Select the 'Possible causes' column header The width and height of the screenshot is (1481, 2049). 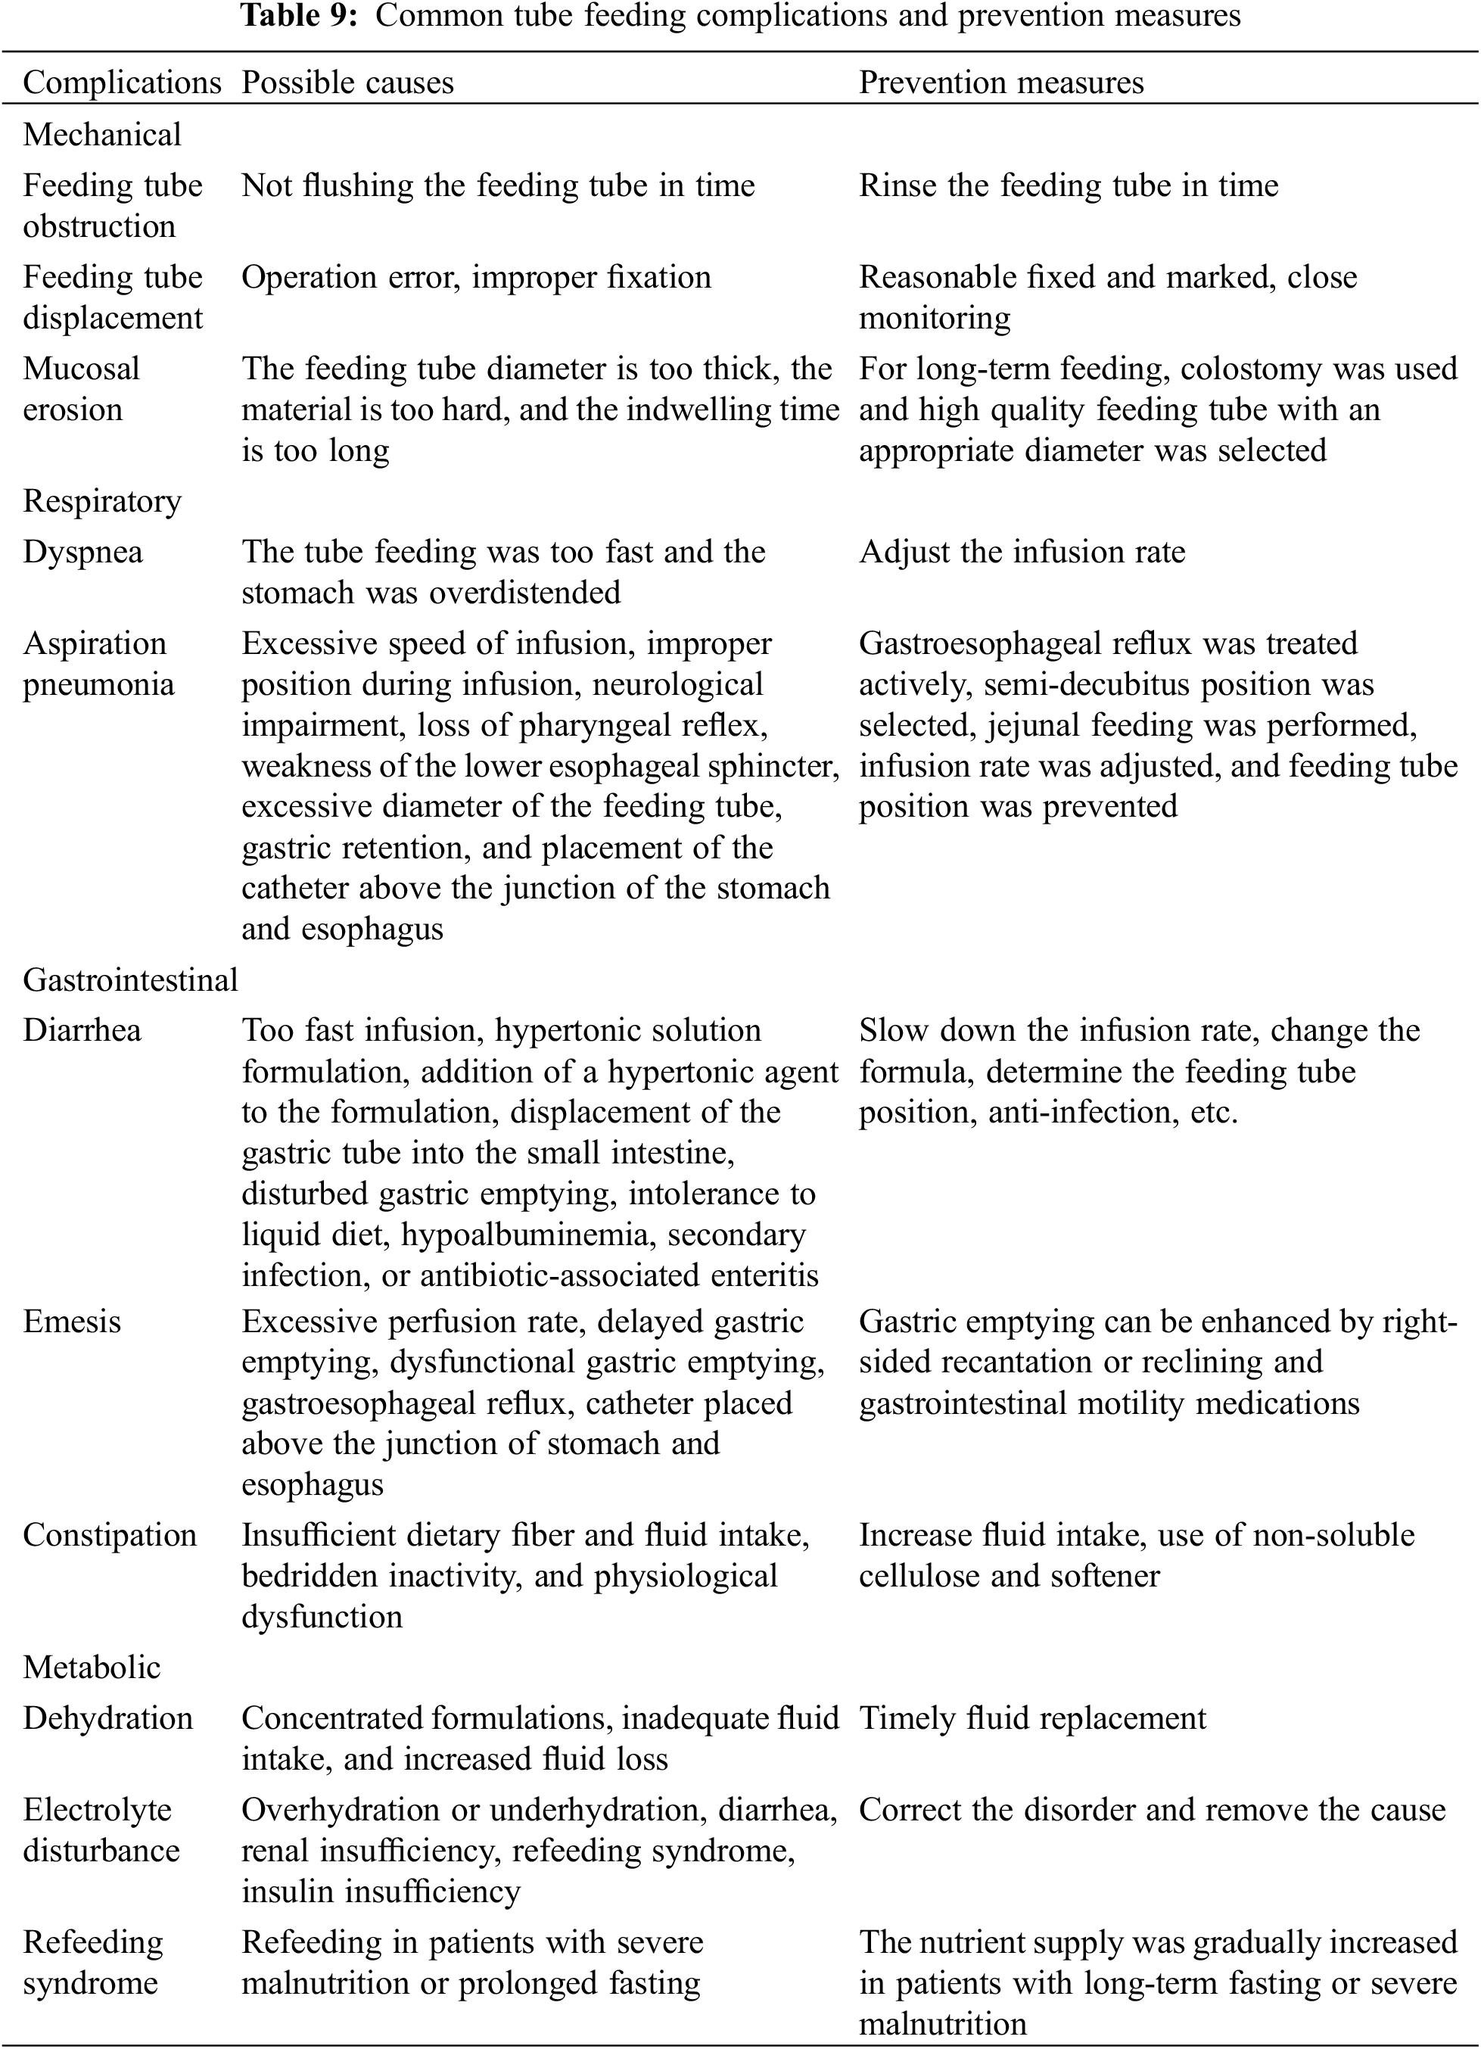tap(347, 83)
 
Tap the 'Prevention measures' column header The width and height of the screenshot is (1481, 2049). tap(1000, 83)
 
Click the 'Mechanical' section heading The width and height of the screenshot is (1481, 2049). tap(102, 135)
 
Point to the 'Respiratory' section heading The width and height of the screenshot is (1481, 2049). tap(102, 500)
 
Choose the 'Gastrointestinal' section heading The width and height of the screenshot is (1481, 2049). tap(130, 979)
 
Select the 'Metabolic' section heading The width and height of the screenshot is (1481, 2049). tap(92, 1667)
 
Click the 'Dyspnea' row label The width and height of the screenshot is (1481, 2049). tap(82, 552)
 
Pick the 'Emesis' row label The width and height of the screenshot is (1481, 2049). tap(71, 1322)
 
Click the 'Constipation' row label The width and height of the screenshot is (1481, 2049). tap(109, 1535)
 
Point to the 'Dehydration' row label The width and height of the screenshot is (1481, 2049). tap(107, 1718)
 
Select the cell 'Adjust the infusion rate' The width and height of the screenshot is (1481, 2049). tap(1022, 552)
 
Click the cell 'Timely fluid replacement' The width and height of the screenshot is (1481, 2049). tap(1031, 1718)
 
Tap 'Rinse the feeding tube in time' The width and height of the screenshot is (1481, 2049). tap(1069, 185)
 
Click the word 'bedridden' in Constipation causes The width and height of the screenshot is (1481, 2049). tap(310, 1577)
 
